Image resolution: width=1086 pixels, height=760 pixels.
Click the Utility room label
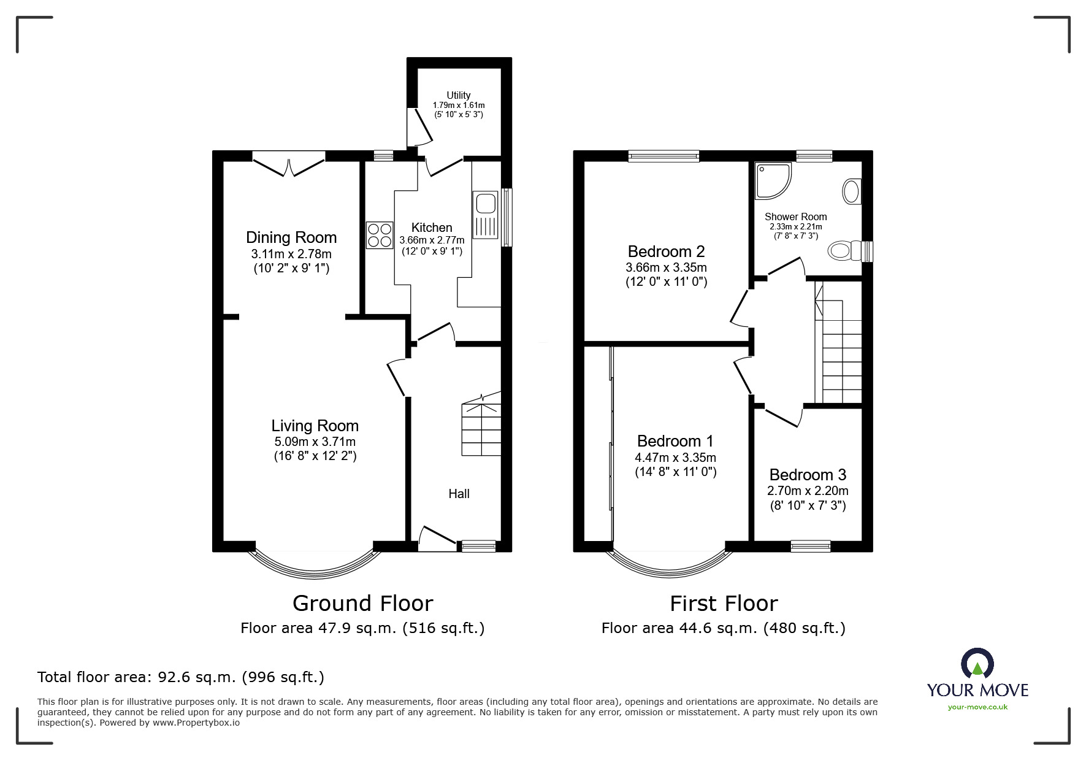click(x=458, y=95)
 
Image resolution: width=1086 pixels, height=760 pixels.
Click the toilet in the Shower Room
click(x=846, y=251)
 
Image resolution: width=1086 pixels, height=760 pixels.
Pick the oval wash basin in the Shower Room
click(x=851, y=191)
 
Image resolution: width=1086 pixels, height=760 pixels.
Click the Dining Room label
click(x=291, y=237)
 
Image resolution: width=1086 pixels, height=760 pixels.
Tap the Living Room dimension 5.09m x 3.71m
click(x=315, y=442)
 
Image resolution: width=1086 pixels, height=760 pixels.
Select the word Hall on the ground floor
click(x=459, y=494)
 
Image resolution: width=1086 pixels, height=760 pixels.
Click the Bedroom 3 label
click(x=808, y=475)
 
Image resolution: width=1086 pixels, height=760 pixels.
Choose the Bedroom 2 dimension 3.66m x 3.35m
click(x=666, y=267)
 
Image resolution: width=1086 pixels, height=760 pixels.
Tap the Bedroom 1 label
click(x=675, y=441)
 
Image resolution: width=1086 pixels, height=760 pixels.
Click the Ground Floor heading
click(x=362, y=604)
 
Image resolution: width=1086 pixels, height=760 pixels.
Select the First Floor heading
click(x=724, y=604)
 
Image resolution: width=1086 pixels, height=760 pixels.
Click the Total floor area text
click(x=181, y=677)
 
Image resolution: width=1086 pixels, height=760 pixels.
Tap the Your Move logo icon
click(x=977, y=664)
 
